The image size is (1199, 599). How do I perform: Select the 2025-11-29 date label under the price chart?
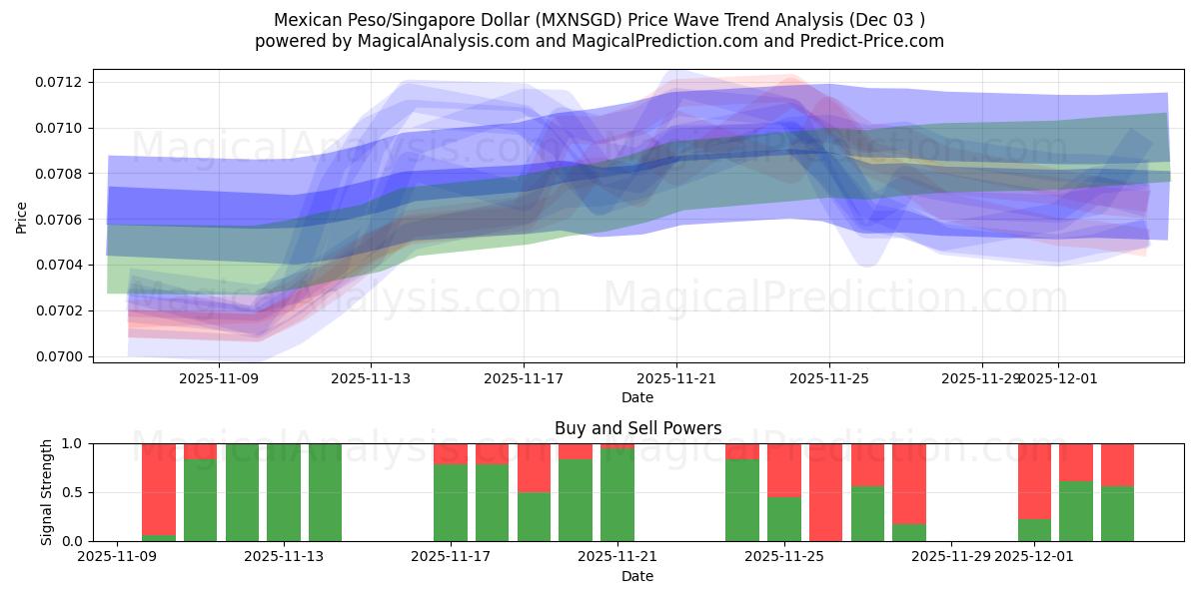[x=982, y=378]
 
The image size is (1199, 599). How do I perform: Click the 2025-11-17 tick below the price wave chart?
[x=524, y=378]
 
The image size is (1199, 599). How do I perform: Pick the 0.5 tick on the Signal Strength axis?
[x=76, y=492]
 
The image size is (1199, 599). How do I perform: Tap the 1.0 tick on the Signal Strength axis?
[x=76, y=443]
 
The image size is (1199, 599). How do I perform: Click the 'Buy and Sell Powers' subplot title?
[x=637, y=428]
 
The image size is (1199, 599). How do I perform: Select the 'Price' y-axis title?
[x=22, y=219]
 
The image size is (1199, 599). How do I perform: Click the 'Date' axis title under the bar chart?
[x=637, y=576]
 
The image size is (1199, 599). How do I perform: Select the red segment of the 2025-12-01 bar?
[x=1034, y=480]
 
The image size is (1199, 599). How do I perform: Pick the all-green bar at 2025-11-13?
[x=284, y=492]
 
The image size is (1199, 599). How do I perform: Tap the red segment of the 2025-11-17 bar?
[x=451, y=453]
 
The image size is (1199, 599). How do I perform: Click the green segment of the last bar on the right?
[x=1117, y=513]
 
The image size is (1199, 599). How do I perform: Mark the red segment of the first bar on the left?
[x=159, y=488]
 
